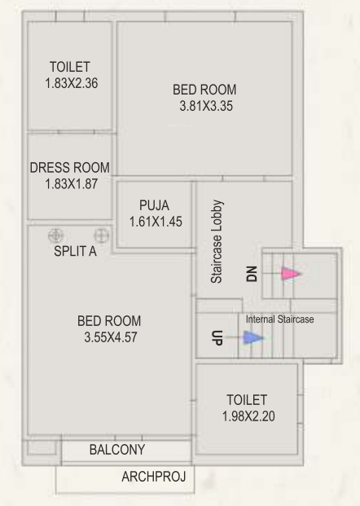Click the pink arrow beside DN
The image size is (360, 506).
click(x=291, y=274)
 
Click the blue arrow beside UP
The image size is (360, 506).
click(x=252, y=337)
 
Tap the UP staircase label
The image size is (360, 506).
click(x=217, y=337)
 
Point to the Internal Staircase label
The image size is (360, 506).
click(x=279, y=319)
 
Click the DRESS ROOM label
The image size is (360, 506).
click(x=69, y=168)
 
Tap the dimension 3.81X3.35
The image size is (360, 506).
click(x=205, y=105)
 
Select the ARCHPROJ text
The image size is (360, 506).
click(x=152, y=477)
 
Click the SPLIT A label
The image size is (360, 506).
click(x=75, y=252)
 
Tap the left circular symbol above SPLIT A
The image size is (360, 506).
click(x=56, y=234)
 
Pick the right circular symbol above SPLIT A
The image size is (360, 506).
click(x=101, y=234)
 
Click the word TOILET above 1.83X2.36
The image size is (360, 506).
click(x=69, y=67)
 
